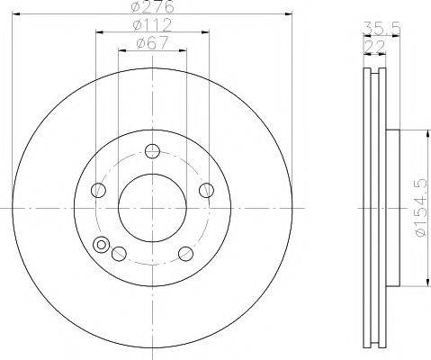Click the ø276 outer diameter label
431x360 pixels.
click(152, 6)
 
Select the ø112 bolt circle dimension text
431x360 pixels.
click(152, 25)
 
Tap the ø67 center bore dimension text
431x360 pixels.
click(152, 43)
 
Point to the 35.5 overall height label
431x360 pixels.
click(382, 29)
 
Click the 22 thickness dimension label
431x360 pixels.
click(374, 47)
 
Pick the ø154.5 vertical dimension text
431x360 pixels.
click(420, 208)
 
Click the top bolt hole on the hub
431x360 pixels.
click(152, 151)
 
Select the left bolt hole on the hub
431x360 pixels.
click(98, 190)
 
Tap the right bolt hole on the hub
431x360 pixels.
click(207, 190)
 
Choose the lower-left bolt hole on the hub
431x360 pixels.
click(119, 254)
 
